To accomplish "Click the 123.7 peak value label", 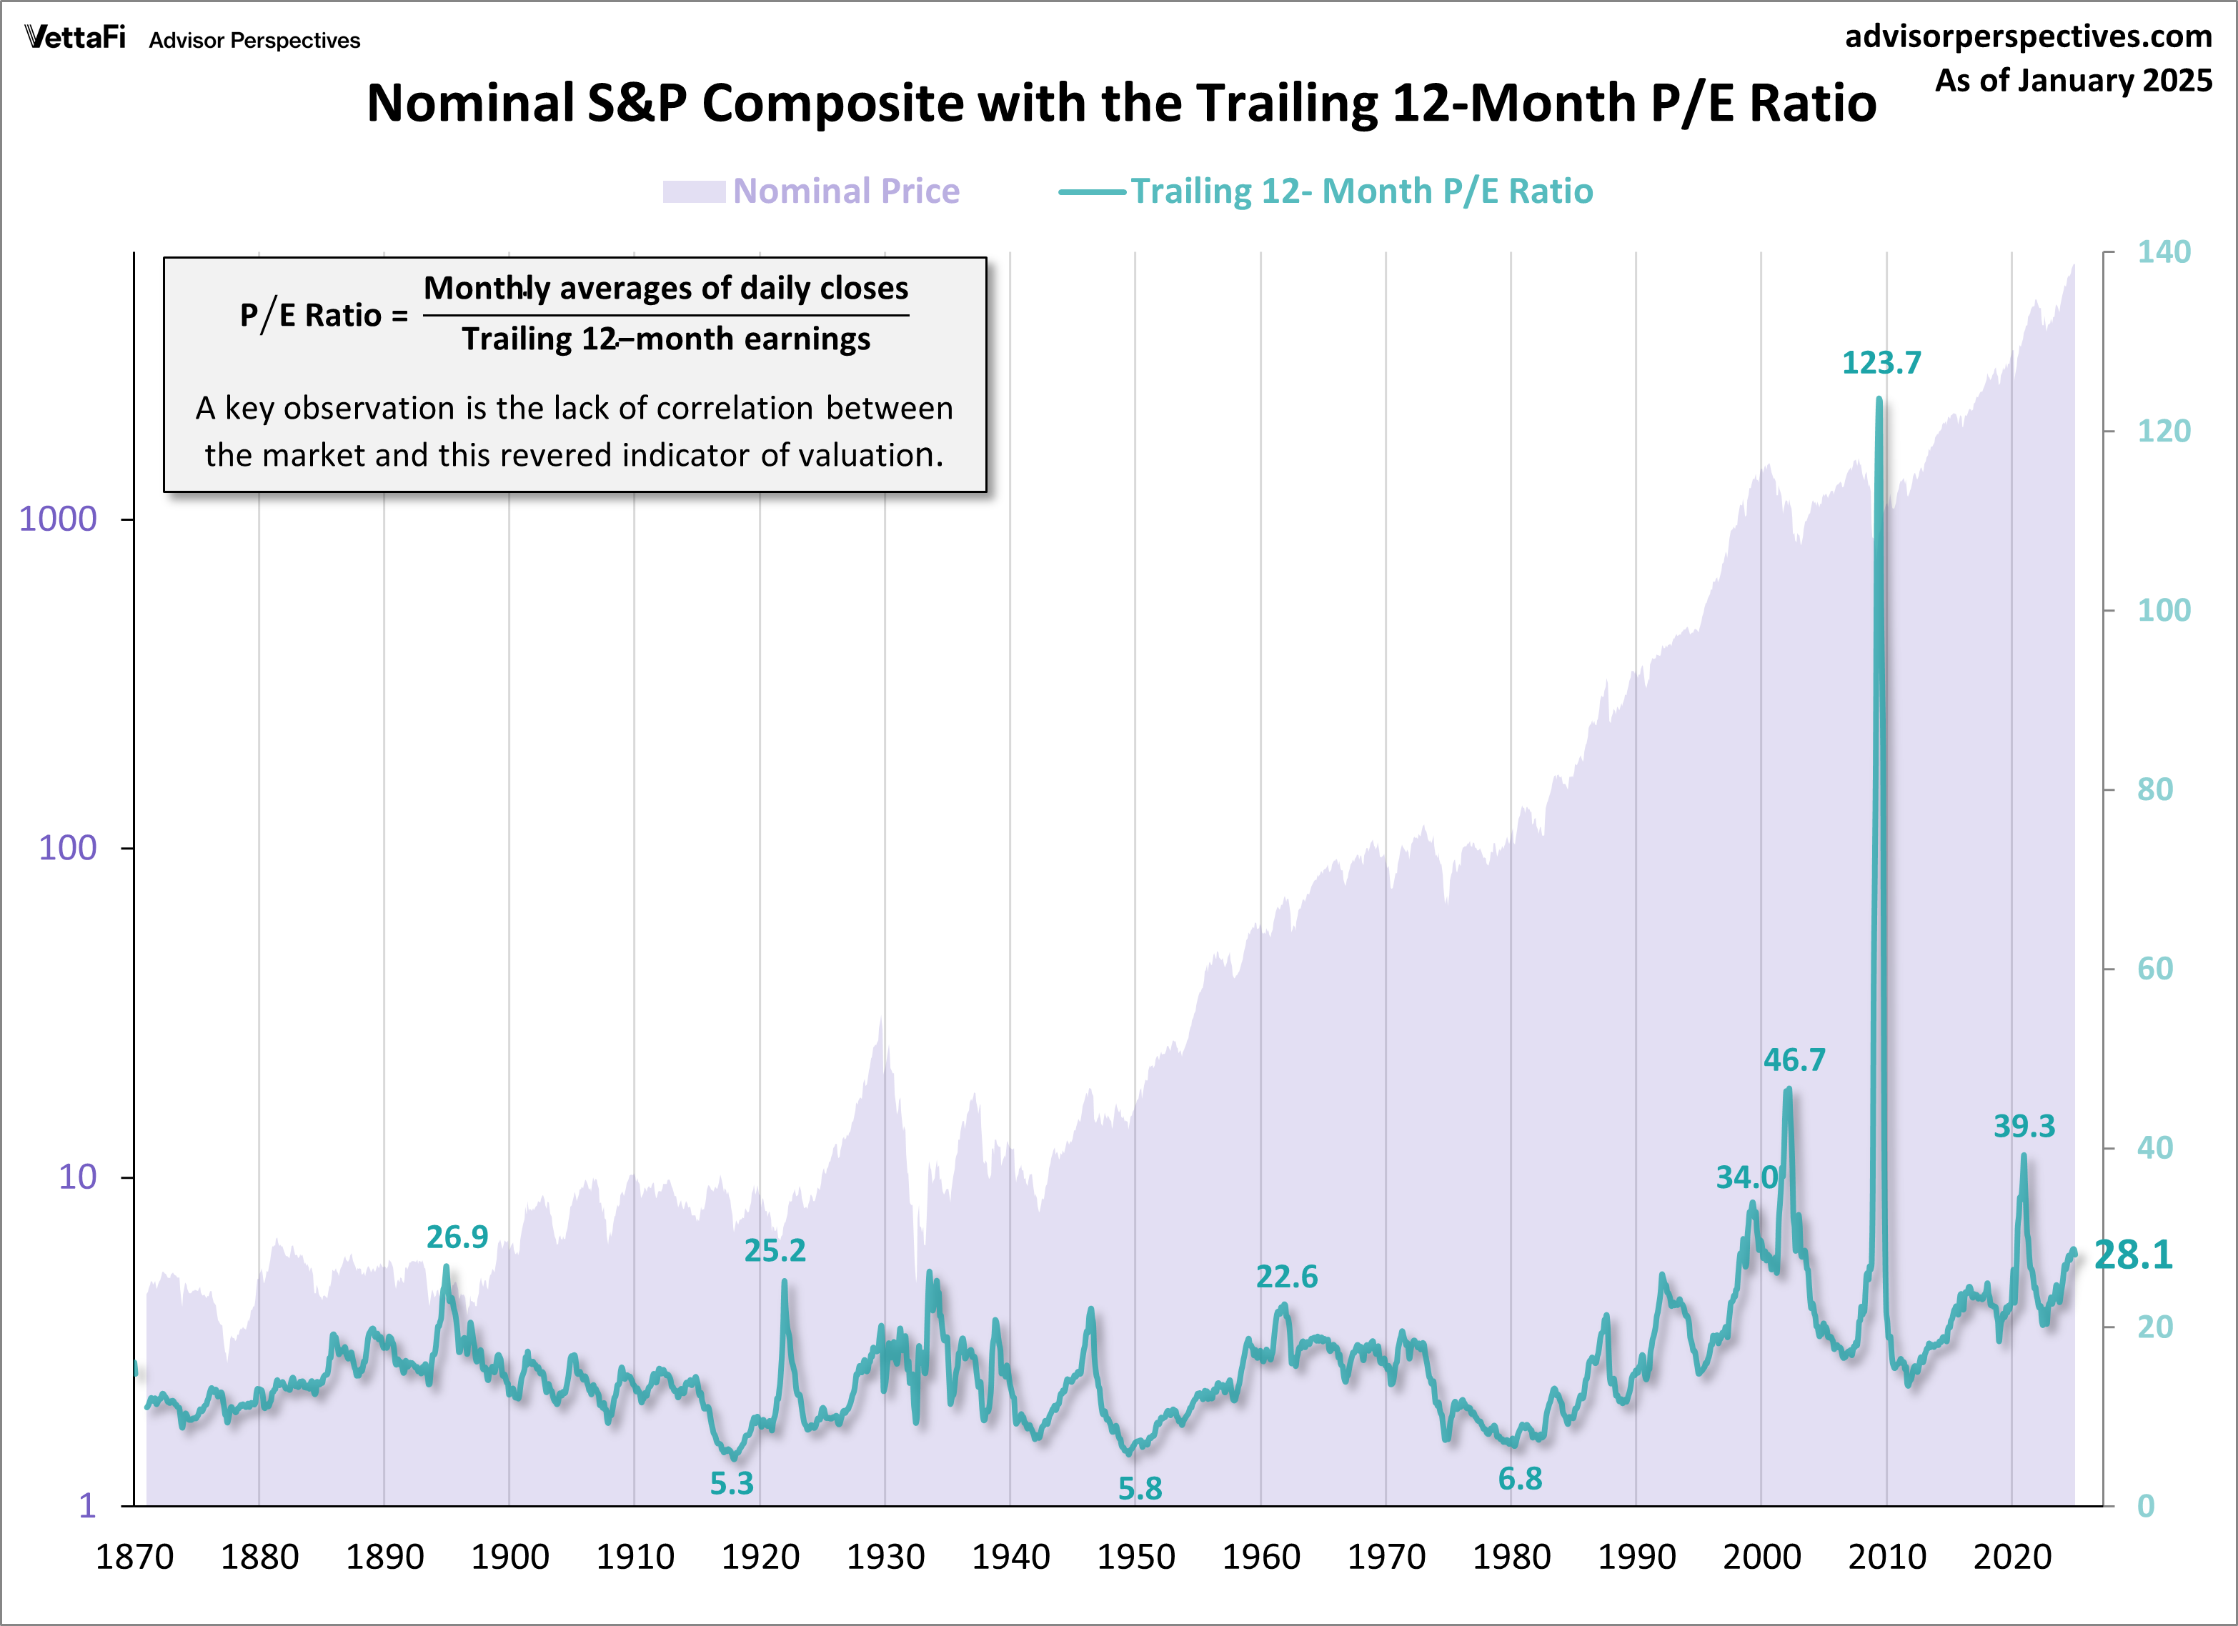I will (1881, 363).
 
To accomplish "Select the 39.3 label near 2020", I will (2023, 1126).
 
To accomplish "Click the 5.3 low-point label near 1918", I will (731, 1483).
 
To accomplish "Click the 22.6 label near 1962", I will (1285, 1277).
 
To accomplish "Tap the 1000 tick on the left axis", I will (58, 519).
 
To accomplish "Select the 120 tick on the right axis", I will (2163, 432).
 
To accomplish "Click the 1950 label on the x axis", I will (1135, 1557).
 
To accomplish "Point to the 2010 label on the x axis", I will (1886, 1557).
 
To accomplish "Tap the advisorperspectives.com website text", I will (2028, 36).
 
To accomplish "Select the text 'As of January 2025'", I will (2073, 80).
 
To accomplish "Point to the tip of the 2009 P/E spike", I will (1879, 399).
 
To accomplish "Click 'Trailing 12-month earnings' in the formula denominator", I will (666, 339).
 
